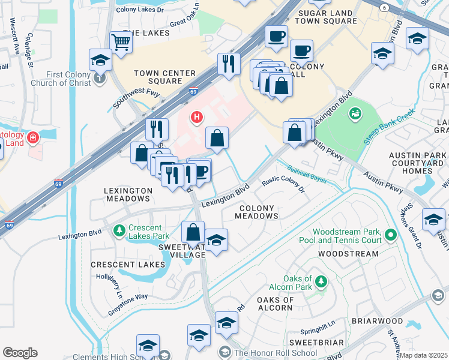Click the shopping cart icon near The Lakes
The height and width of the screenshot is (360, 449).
point(121,43)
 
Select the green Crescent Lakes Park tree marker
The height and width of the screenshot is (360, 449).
point(118,230)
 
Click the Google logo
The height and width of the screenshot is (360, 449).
point(20,353)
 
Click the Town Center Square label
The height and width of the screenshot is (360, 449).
point(164,77)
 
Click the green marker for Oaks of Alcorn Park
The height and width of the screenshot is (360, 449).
point(321,280)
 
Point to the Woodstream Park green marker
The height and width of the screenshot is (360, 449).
point(391,234)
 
